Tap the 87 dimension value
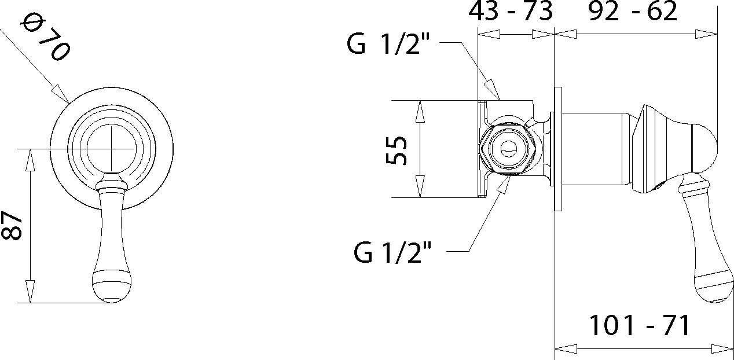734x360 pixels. (x=12, y=226)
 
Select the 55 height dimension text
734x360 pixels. (x=396, y=150)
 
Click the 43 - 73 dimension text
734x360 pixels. (x=511, y=12)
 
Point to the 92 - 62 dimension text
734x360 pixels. (x=633, y=12)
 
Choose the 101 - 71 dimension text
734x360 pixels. (x=640, y=325)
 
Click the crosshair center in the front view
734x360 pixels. (x=112, y=149)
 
